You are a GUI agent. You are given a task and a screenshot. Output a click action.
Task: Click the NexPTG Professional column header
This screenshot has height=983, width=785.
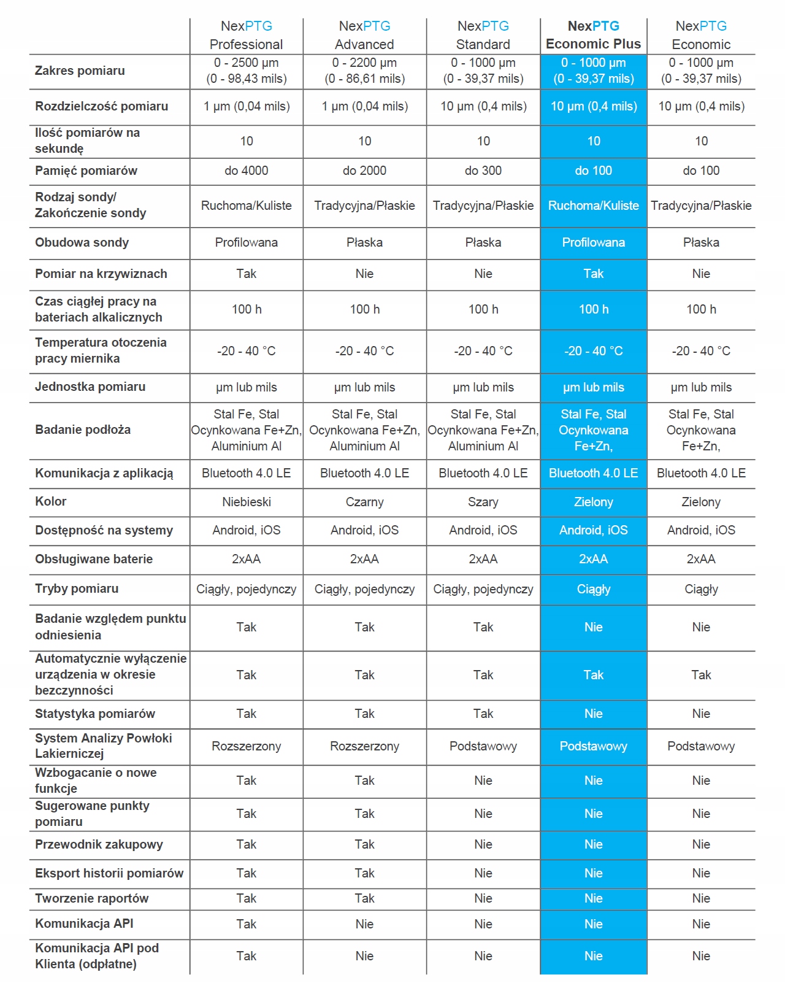(246, 35)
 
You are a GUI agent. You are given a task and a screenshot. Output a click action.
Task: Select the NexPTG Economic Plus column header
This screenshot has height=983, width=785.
(593, 35)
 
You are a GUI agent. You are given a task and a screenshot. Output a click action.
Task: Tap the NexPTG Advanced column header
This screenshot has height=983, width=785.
(364, 35)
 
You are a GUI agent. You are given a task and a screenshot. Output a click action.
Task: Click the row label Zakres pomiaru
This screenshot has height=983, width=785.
(80, 71)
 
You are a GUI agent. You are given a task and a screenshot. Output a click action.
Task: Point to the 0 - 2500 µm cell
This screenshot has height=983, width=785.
(246, 71)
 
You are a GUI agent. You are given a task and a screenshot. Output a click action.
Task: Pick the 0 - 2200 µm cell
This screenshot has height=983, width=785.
(364, 71)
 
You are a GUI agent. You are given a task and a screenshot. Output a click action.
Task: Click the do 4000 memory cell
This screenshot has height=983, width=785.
(246, 171)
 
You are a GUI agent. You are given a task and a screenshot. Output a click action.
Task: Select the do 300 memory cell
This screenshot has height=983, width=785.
(483, 171)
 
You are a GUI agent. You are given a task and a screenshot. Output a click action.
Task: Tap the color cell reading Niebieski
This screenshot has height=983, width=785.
(246, 502)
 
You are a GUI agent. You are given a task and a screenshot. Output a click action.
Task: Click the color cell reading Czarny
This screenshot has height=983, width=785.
(364, 502)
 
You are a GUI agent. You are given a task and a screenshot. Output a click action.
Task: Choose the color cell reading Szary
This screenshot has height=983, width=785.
(483, 502)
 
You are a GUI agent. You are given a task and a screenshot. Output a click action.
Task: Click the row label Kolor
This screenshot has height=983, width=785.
(51, 501)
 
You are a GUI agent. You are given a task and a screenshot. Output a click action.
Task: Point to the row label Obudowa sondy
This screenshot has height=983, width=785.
(82, 242)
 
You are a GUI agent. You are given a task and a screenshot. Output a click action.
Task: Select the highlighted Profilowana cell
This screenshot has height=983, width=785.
(593, 242)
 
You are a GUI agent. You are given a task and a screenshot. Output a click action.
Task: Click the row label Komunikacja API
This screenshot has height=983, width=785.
(84, 923)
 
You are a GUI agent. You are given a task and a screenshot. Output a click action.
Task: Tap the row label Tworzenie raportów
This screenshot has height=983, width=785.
(91, 898)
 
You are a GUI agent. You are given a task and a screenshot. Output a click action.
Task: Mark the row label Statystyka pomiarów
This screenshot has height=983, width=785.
(95, 714)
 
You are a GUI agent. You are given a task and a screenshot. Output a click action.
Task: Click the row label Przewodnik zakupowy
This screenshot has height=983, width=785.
(99, 844)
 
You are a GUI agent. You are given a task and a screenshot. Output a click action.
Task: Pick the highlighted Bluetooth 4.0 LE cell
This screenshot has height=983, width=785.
(593, 473)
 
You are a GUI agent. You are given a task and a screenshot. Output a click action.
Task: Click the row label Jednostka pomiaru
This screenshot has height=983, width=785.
(90, 387)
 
